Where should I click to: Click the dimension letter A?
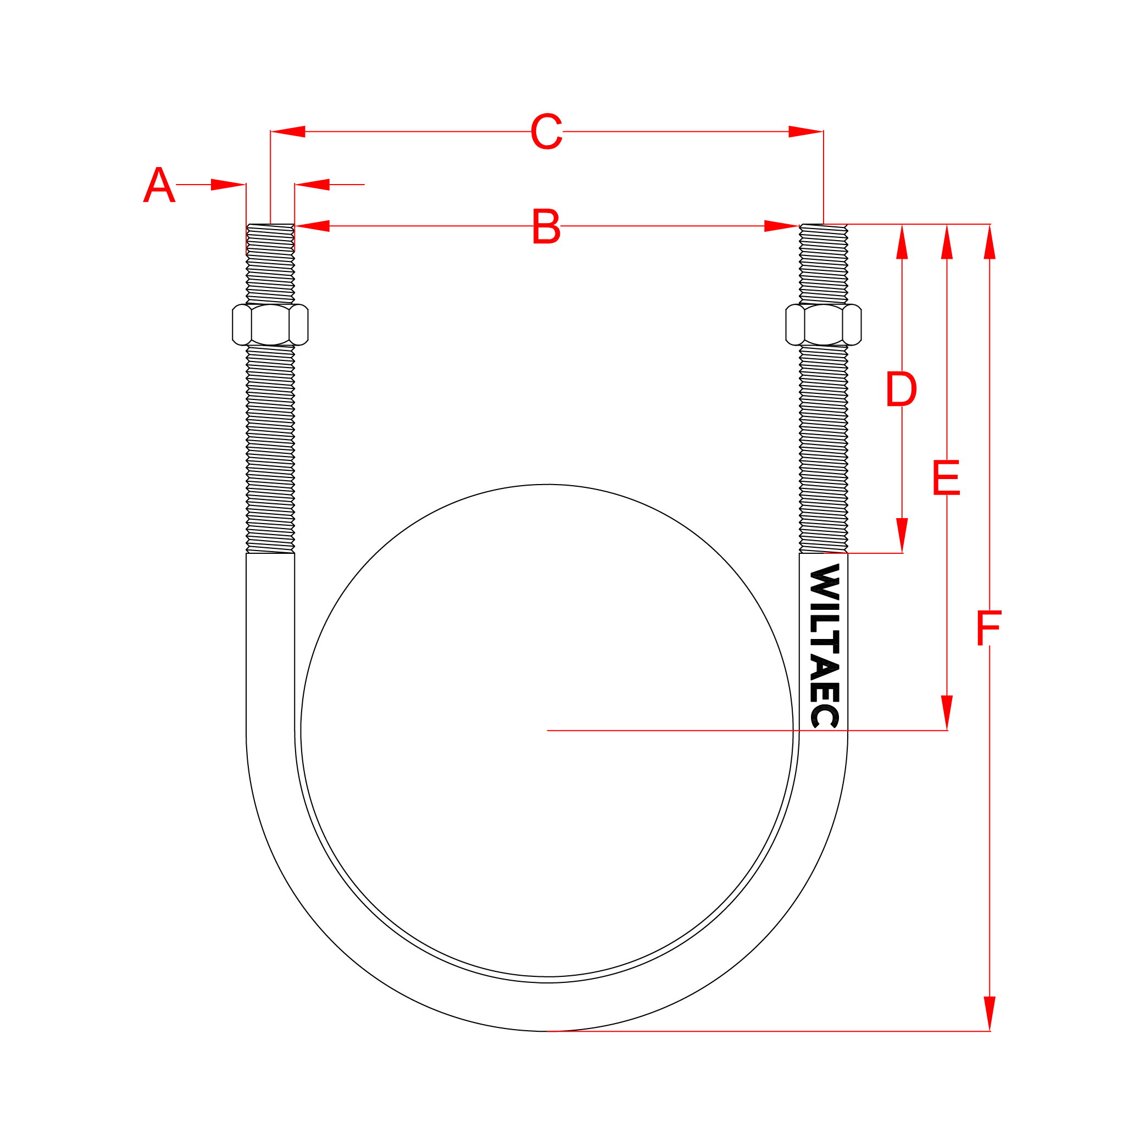pyautogui.click(x=159, y=185)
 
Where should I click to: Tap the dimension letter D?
pyautogui.click(x=902, y=390)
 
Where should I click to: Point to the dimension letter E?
pyautogui.click(x=947, y=477)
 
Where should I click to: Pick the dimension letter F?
pyautogui.click(x=989, y=629)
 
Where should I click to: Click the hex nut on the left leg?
pyautogui.click(x=270, y=325)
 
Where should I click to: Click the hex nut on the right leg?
pyautogui.click(x=823, y=325)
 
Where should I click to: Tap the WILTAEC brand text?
pyautogui.click(x=824, y=646)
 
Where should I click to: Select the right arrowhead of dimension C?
pyautogui.click(x=805, y=131)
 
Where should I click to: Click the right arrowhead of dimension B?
pyautogui.click(x=781, y=226)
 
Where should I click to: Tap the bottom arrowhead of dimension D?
pyautogui.click(x=902, y=535)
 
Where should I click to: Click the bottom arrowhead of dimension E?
pyautogui.click(x=947, y=713)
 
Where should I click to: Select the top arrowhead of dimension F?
pyautogui.click(x=990, y=242)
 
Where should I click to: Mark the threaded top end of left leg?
pyautogui.click(x=270, y=261)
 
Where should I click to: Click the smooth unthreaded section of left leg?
pyautogui.click(x=270, y=640)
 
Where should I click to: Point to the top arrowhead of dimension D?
pyautogui.click(x=902, y=242)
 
